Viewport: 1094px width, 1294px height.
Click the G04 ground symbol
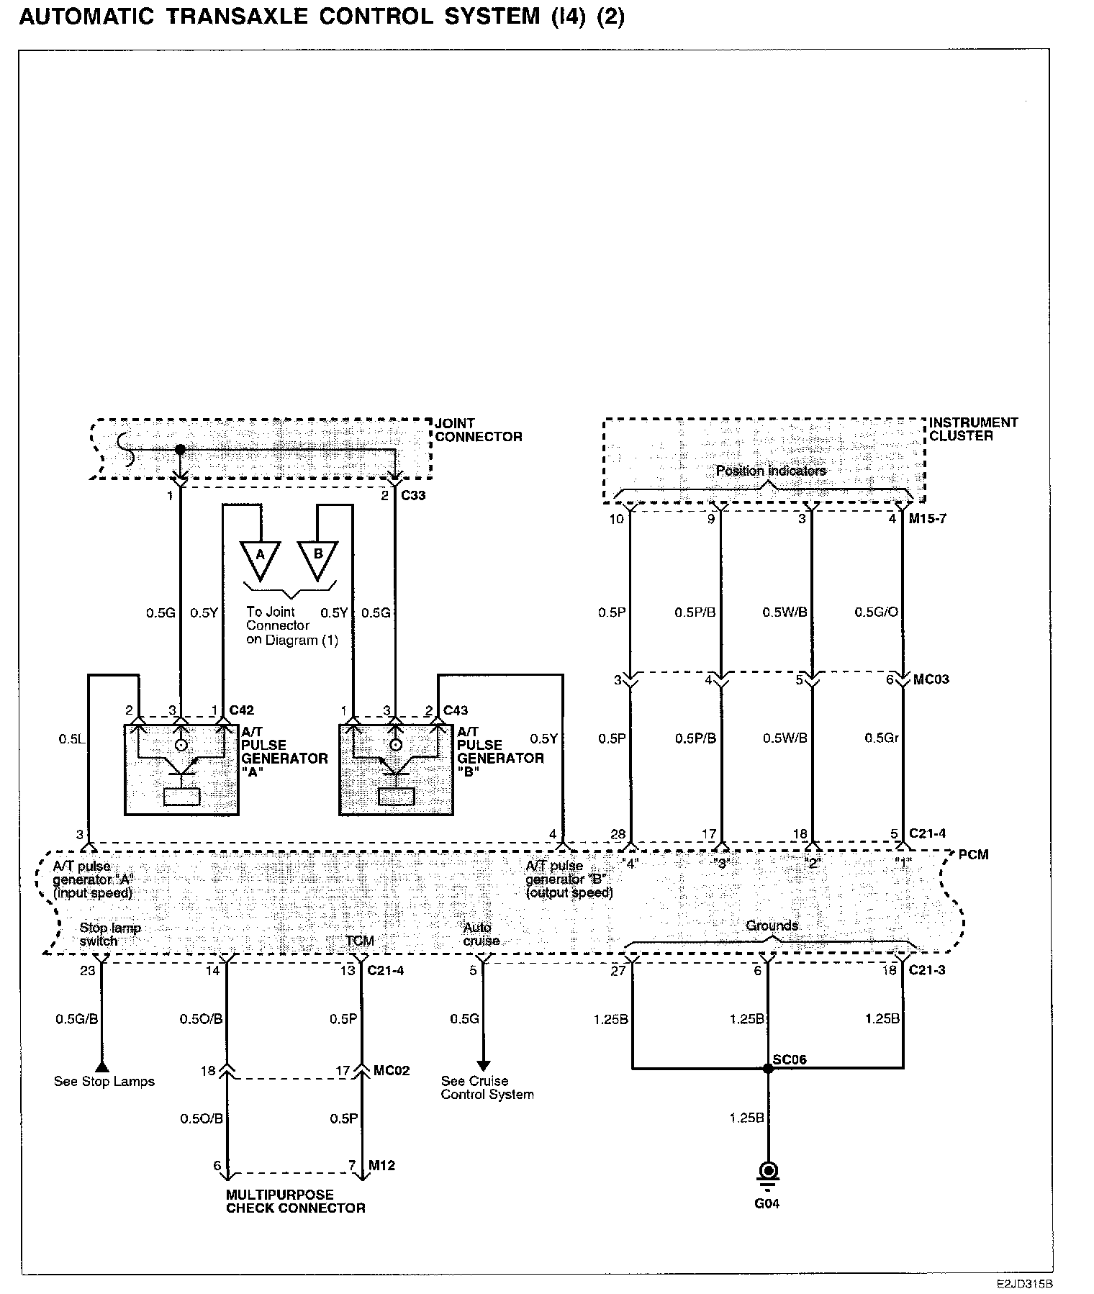(767, 1171)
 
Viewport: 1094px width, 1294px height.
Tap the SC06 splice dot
(767, 1069)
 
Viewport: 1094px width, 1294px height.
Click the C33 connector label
(413, 495)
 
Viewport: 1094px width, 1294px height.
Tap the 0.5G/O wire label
(876, 612)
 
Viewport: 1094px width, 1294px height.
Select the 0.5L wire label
(73, 738)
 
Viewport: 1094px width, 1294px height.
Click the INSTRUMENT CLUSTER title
(973, 429)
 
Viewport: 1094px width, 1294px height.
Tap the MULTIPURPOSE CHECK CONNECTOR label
(295, 1201)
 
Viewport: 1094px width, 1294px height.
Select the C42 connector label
(241, 711)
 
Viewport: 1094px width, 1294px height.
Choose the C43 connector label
(456, 711)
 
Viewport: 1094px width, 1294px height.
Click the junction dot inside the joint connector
(180, 449)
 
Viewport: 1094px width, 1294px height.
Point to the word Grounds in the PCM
(772, 926)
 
